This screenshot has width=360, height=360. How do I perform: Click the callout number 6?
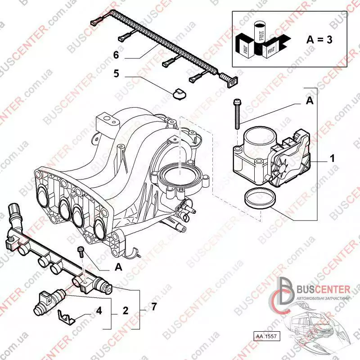[116, 55]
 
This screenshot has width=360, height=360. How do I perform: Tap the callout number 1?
[332, 158]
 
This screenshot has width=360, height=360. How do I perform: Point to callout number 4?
[99, 310]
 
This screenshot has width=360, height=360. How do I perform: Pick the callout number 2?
[126, 310]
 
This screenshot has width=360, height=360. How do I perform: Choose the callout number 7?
[154, 307]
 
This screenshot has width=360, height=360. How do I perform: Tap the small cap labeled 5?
[178, 94]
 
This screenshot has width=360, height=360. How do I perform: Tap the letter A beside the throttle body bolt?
[310, 102]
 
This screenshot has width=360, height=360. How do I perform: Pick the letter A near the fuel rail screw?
[119, 267]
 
